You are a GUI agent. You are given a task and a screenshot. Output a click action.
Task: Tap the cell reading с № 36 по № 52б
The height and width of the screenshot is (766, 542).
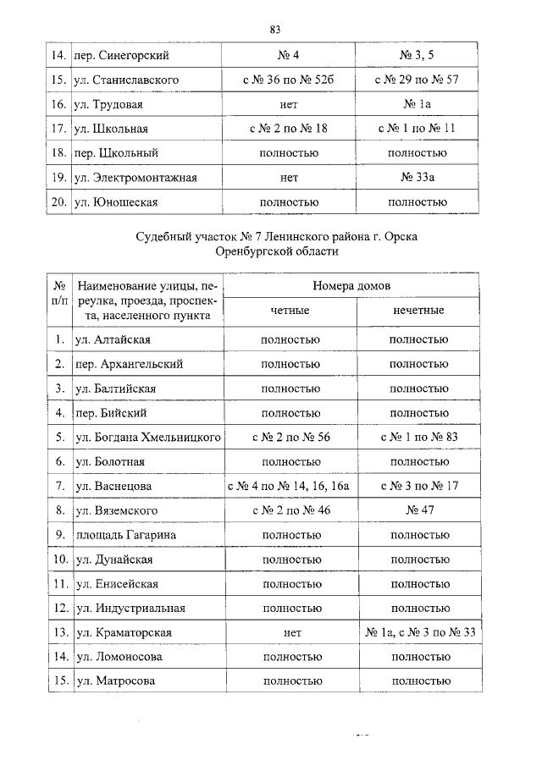(x=290, y=80)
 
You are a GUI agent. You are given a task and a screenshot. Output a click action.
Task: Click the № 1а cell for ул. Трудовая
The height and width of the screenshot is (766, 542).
(x=417, y=105)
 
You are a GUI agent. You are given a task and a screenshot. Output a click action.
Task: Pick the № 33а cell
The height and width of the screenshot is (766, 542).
(x=417, y=178)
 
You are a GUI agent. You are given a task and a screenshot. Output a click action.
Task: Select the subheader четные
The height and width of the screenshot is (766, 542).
(x=290, y=311)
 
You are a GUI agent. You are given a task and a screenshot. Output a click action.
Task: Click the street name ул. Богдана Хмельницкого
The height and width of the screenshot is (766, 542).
(x=148, y=438)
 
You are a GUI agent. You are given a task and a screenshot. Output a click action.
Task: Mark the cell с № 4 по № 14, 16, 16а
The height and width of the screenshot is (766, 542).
(x=290, y=486)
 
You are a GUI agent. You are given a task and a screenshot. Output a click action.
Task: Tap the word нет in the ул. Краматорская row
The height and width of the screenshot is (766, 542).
(x=290, y=632)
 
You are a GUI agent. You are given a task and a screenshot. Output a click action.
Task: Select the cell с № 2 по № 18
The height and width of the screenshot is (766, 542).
(x=290, y=129)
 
